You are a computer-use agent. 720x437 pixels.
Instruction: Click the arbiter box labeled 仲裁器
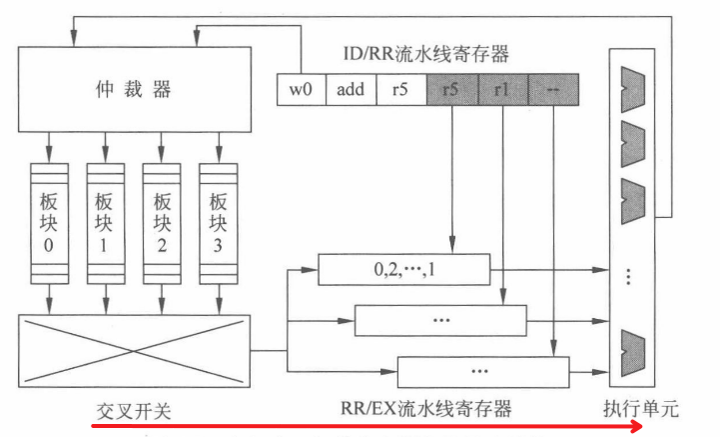click(x=135, y=90)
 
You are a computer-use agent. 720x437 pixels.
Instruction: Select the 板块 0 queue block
click(x=48, y=221)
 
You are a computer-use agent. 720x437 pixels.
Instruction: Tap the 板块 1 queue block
click(x=104, y=221)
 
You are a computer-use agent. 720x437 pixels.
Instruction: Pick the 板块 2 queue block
click(x=160, y=221)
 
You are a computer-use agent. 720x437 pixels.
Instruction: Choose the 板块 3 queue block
click(x=216, y=221)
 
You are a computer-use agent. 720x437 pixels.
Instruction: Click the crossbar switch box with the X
click(x=134, y=344)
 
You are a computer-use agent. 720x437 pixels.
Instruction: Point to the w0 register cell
click(x=301, y=89)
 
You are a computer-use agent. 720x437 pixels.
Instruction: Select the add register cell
click(x=351, y=89)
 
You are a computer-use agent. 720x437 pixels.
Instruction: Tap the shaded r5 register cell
click(x=452, y=89)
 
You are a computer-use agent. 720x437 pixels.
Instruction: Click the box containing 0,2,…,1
click(x=403, y=269)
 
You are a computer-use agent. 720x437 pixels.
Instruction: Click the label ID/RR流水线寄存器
click(x=424, y=54)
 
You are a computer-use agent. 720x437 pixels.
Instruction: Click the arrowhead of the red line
click(x=635, y=426)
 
